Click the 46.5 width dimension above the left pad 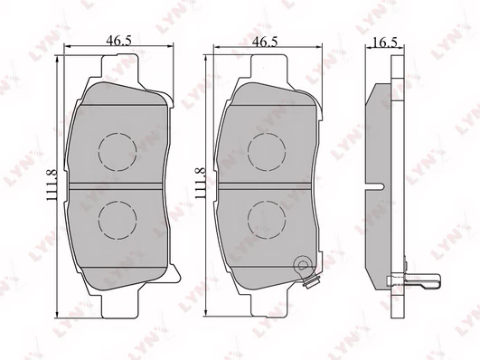(x=118, y=41)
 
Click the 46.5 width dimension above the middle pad (x=265, y=42)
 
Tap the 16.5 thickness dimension (x=386, y=43)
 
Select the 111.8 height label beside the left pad (x=52, y=185)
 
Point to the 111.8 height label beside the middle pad (x=201, y=183)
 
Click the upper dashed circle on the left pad (x=118, y=133)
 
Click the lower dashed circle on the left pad (x=118, y=202)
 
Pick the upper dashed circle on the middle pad (x=267, y=133)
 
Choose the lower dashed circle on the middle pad (x=267, y=202)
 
